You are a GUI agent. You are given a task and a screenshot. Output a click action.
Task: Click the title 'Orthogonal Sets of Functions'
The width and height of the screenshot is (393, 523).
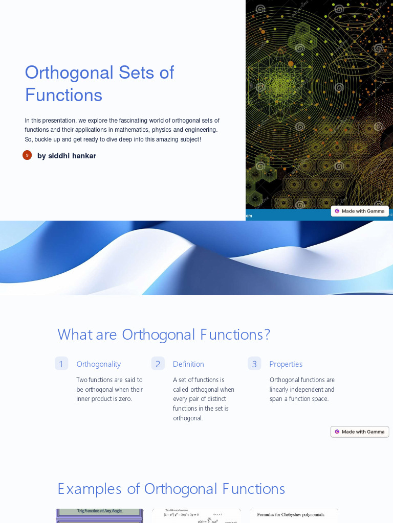(x=99, y=84)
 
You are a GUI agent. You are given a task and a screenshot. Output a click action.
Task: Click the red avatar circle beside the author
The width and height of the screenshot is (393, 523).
(x=27, y=155)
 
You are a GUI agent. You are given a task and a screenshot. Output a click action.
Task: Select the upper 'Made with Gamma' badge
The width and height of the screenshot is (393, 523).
(x=360, y=211)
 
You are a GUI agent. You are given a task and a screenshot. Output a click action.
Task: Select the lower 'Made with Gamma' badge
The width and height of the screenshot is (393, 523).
(x=360, y=432)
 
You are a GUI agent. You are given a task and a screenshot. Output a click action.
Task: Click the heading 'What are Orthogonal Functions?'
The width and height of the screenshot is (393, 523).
(x=164, y=335)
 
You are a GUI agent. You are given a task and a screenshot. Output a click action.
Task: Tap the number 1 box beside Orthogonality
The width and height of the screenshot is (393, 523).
(x=61, y=364)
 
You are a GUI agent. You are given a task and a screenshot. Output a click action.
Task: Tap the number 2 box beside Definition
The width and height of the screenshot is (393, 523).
(x=158, y=364)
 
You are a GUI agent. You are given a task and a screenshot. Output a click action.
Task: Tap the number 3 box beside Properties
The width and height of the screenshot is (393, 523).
(x=254, y=364)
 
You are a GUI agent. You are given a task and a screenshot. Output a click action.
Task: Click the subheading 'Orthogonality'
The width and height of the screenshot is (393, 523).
(x=99, y=364)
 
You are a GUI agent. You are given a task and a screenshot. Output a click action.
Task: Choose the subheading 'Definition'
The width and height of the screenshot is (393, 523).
(x=188, y=364)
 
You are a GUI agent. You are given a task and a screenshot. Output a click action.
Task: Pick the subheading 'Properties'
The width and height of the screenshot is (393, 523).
(x=286, y=364)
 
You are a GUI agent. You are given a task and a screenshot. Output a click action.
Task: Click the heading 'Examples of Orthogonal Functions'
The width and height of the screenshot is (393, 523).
(x=171, y=489)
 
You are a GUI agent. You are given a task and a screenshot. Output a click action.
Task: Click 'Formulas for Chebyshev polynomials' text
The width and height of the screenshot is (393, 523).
(x=290, y=515)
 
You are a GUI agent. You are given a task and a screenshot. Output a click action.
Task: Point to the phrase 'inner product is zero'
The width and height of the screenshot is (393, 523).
(x=104, y=399)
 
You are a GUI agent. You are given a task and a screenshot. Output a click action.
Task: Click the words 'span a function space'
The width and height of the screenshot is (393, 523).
(x=299, y=399)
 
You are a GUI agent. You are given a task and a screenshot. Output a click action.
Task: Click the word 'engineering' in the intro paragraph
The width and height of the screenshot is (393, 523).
(x=200, y=130)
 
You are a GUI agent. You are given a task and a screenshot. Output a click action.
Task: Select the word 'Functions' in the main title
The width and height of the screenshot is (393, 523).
(x=63, y=95)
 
